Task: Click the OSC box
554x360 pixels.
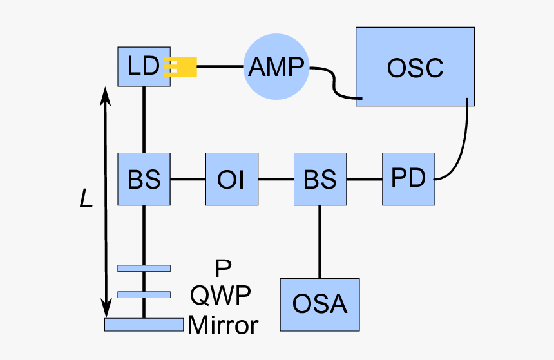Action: click(415, 67)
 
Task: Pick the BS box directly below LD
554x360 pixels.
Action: click(144, 179)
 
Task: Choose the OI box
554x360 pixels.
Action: click(231, 179)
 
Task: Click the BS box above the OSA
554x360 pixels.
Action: click(320, 179)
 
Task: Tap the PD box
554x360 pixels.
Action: click(408, 179)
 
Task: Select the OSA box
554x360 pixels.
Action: click(320, 304)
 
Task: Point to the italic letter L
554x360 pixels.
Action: click(86, 200)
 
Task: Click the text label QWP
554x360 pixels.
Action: click(221, 296)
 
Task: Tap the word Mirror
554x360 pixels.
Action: click(223, 325)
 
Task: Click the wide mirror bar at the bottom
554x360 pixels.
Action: click(144, 325)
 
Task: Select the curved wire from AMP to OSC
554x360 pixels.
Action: click(334, 82)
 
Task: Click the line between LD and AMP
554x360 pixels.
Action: click(220, 66)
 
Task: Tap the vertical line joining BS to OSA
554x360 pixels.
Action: click(320, 242)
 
